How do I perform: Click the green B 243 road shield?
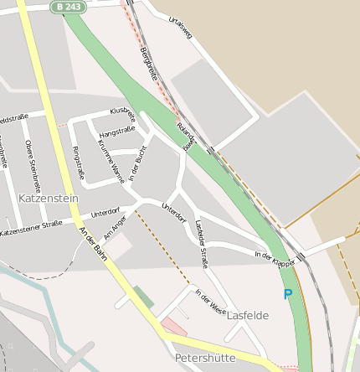pyautogui.click(x=70, y=6)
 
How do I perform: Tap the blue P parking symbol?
pyautogui.click(x=288, y=294)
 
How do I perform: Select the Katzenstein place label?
pyautogui.click(x=48, y=199)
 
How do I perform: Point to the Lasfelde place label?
pyautogui.click(x=248, y=315)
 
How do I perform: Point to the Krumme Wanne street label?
pyautogui.click(x=111, y=161)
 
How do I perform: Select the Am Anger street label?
pyautogui.click(x=115, y=225)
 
